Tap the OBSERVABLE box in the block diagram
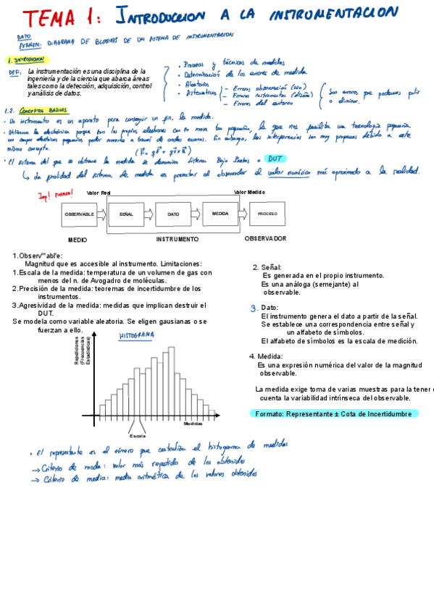pos(80,214)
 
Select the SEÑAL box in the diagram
pos(126,214)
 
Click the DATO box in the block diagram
pos(173,214)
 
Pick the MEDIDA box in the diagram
pos(220,214)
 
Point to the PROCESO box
pos(267,214)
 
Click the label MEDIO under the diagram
pos(78,239)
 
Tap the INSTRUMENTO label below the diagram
pos(177,238)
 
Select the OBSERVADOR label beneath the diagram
pos(265,238)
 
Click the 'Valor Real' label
pos(99,193)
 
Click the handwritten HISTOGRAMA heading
pos(137,336)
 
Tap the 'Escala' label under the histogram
pos(137,436)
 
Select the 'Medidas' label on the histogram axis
pos(193,423)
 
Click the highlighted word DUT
pos(275,159)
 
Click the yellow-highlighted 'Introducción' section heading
pos(27,60)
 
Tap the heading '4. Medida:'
pos(265,356)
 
